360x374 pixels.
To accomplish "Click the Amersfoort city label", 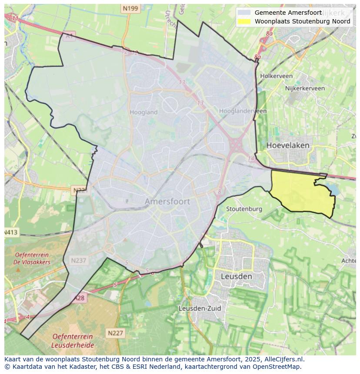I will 167,202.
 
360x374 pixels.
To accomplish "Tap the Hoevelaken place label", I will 288,145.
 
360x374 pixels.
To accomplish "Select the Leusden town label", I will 236,276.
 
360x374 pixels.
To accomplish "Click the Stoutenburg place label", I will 244,209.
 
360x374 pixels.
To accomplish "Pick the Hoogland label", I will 143,112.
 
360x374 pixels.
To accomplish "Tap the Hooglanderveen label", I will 243,111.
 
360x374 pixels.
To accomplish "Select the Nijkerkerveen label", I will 305,88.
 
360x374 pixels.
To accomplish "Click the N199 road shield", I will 130,8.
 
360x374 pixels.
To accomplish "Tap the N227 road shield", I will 115,333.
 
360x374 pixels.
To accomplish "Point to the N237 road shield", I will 79,260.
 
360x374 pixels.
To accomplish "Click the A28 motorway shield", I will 79,298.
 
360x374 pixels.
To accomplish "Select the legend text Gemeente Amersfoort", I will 288,13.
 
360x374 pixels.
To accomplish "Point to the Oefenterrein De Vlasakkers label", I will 32,258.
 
